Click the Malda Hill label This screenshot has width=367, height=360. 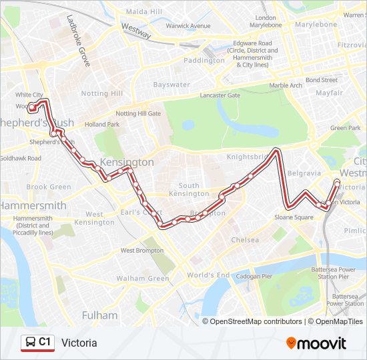143,12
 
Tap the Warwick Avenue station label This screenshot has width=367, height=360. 188,26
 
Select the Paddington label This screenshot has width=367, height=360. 204,60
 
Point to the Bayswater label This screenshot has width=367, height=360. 171,85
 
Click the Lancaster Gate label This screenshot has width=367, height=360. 220,95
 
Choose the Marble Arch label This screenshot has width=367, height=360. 286,85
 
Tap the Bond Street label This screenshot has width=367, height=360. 322,80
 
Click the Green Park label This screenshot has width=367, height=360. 345,128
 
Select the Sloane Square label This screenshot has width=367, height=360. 294,217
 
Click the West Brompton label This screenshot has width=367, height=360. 141,251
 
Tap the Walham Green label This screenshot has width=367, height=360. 143,278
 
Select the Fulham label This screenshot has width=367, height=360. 99,315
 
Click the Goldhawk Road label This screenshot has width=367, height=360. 21,158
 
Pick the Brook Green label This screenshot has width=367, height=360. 49,187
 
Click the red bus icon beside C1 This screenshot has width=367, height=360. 30,343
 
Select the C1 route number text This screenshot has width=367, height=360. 45,343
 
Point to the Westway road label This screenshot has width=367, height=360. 136,30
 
